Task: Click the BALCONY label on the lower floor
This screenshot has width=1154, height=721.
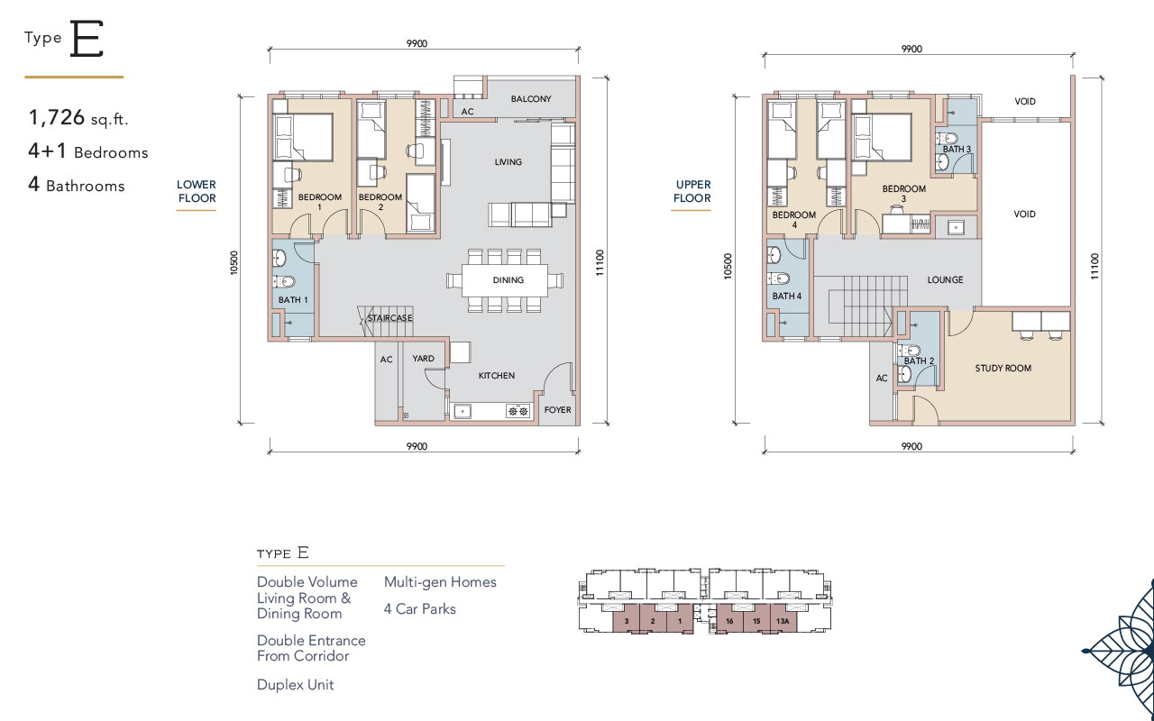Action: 531,98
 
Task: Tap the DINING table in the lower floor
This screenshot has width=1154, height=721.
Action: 505,280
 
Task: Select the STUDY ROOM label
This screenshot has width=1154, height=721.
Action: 1003,369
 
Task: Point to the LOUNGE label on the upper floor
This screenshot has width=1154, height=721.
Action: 946,279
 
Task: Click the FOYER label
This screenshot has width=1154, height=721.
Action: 557,410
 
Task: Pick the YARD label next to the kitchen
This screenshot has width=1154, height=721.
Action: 423,359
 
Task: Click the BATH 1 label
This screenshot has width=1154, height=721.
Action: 293,300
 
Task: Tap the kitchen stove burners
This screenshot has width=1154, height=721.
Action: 518,411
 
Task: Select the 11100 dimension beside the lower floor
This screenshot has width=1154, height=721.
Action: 600,262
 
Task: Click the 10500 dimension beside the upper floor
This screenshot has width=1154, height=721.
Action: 728,266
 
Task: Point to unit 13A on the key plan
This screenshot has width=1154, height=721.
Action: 783,621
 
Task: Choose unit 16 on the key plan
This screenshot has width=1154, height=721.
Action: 729,621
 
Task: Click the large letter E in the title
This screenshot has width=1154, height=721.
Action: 87,39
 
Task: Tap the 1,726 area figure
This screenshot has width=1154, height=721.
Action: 57,117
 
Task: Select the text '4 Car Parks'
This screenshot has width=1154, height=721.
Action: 420,608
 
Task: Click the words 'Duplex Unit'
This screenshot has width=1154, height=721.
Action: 295,684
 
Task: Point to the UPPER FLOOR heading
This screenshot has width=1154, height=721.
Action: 692,191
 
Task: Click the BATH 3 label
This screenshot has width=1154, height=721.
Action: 957,149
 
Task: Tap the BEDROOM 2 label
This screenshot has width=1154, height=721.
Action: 380,202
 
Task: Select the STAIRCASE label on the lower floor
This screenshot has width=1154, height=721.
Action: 390,318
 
